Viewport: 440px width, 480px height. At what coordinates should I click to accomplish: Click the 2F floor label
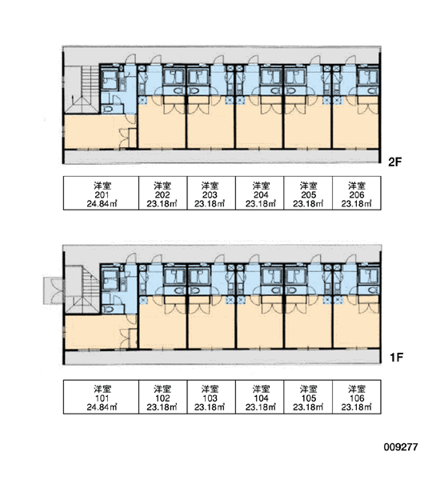(x=394, y=162)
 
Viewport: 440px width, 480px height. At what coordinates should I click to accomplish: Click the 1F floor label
(x=396, y=357)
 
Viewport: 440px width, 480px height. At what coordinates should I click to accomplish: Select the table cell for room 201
(x=101, y=193)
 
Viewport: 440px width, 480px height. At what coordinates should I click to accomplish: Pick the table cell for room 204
(x=260, y=193)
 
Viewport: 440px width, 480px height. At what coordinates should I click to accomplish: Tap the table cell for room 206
(x=357, y=193)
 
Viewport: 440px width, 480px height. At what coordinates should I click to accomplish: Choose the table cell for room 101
(x=101, y=397)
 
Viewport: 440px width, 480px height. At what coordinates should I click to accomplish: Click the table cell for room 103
(x=211, y=397)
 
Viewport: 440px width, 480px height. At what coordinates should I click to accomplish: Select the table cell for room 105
(x=308, y=397)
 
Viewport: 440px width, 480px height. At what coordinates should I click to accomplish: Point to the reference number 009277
(x=401, y=447)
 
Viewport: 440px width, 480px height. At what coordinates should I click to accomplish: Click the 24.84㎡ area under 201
(x=102, y=203)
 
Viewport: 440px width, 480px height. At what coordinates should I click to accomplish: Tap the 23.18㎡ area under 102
(x=162, y=407)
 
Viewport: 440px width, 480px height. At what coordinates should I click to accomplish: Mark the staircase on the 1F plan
(x=83, y=290)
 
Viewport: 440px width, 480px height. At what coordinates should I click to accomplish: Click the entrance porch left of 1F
(x=54, y=290)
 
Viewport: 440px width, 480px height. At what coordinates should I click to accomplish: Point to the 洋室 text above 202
(x=162, y=186)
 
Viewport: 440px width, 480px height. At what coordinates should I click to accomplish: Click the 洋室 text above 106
(x=357, y=389)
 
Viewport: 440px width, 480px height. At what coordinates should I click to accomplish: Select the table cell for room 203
(x=211, y=193)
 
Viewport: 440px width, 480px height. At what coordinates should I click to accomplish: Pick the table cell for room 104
(x=260, y=397)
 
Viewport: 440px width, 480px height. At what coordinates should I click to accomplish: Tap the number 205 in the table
(x=308, y=194)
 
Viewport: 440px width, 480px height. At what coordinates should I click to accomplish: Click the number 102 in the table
(x=162, y=398)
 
